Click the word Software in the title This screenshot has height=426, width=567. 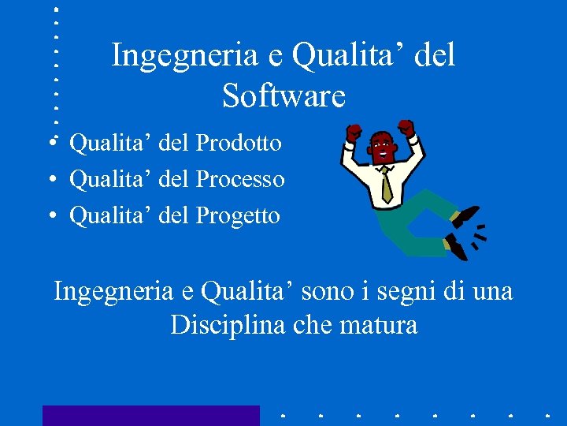tap(283, 96)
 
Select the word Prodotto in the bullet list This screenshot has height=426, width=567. tap(239, 144)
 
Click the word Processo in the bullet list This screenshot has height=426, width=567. tap(240, 180)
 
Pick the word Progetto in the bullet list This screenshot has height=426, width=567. tap(238, 215)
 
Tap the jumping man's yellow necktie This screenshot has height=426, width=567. tap(386, 185)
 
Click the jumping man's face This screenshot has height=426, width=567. tap(382, 147)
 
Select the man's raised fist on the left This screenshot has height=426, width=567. tap(354, 131)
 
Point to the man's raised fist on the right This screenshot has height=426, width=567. tap(406, 127)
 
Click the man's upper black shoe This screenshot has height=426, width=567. tap(465, 214)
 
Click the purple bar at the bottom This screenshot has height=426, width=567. tap(150, 416)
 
